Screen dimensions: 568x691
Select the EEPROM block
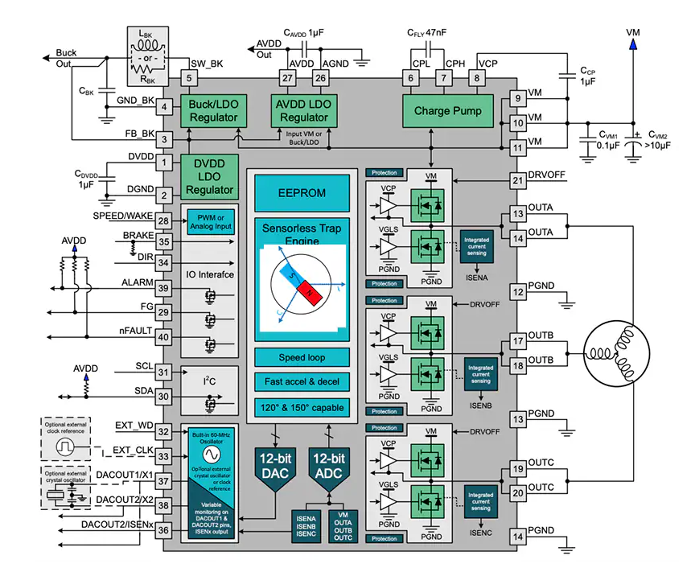(302, 193)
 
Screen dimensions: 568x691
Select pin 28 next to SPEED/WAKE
(164, 220)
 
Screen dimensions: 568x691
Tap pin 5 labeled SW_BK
(188, 78)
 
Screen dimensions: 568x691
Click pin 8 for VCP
(477, 78)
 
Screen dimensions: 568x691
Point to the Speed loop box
(302, 357)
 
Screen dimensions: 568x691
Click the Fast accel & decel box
(302, 381)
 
